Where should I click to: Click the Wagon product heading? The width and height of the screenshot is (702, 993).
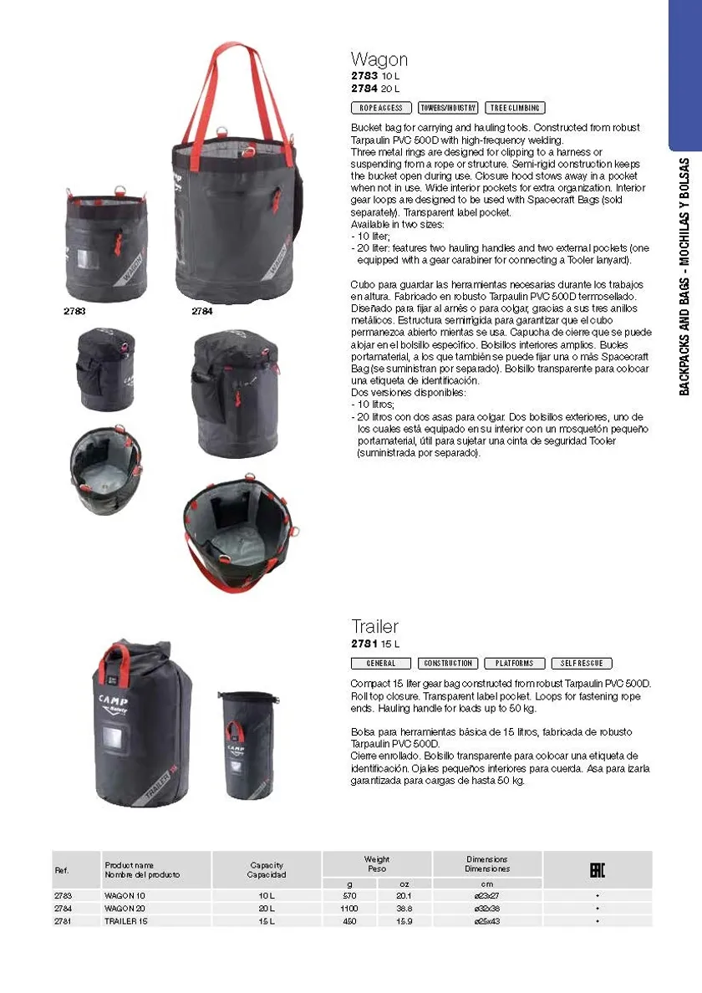(x=379, y=59)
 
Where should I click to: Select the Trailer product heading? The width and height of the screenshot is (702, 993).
(x=374, y=626)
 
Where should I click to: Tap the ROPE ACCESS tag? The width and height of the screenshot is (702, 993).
(x=381, y=109)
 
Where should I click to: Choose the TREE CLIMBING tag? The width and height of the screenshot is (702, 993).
(x=515, y=109)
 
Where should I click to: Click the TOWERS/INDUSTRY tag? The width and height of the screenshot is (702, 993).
(x=448, y=109)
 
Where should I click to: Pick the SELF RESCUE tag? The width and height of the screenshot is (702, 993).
(x=582, y=664)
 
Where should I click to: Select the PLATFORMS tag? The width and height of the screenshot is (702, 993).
(x=515, y=664)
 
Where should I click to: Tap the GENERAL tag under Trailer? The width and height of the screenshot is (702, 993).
(x=381, y=664)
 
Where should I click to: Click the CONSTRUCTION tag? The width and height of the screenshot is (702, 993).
(x=448, y=664)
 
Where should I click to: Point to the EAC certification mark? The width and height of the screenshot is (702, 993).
(x=597, y=870)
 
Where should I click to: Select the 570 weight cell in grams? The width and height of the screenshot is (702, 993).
(x=349, y=895)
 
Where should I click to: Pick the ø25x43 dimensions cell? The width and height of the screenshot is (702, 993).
(x=486, y=921)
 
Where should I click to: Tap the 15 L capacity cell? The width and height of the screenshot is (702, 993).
(x=267, y=921)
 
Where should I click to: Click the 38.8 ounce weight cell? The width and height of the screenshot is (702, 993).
(x=404, y=908)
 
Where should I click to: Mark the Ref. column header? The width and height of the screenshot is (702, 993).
(x=61, y=870)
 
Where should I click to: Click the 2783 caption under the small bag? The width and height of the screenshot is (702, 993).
(x=74, y=311)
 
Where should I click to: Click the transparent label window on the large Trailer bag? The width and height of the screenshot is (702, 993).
(x=113, y=739)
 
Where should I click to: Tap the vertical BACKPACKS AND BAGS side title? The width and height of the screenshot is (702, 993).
(x=684, y=277)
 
